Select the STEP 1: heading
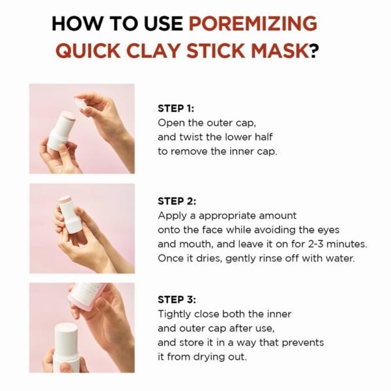176,109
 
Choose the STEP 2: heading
176,202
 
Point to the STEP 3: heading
176,300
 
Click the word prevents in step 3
304,343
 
